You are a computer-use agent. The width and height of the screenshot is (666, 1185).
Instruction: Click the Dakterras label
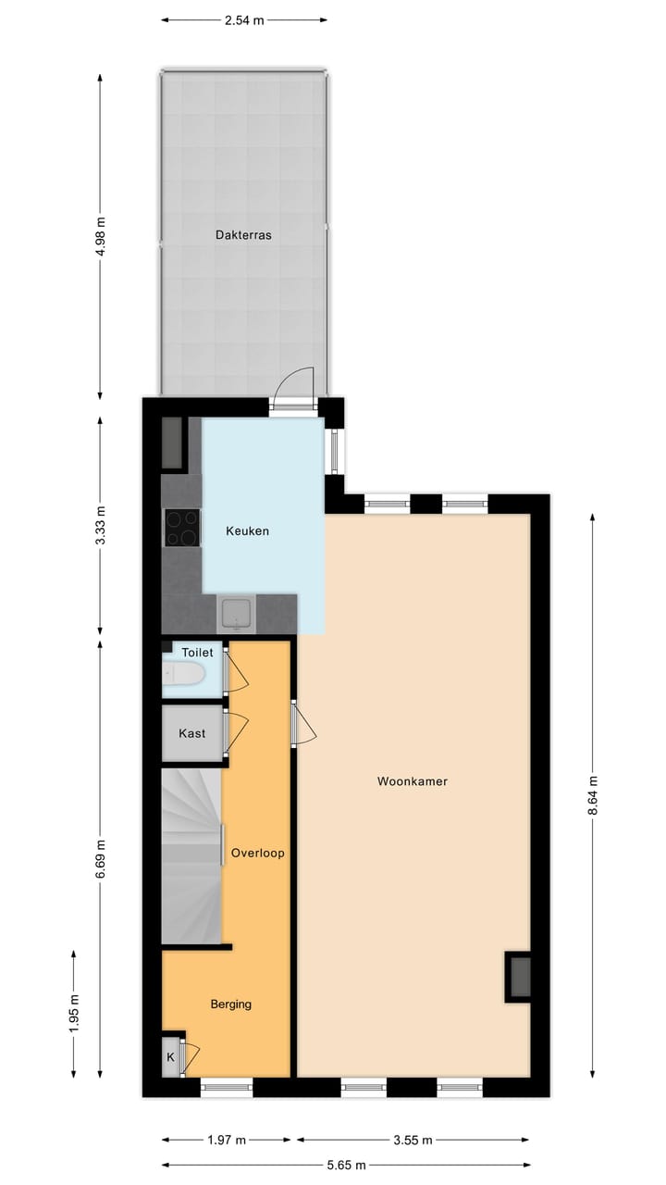click(243, 235)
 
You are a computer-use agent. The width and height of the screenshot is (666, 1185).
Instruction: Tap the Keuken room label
click(248, 531)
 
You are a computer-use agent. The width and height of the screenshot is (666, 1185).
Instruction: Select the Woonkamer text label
click(413, 781)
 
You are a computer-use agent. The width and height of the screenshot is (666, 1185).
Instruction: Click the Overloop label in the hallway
click(258, 854)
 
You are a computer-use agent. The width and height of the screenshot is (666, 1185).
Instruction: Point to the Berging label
click(230, 1004)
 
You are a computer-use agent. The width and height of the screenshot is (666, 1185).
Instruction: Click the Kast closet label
click(192, 733)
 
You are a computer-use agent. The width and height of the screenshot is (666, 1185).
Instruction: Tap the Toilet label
click(197, 653)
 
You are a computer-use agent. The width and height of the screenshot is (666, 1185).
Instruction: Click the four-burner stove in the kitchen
click(182, 528)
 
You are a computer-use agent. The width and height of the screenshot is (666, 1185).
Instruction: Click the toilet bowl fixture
click(183, 678)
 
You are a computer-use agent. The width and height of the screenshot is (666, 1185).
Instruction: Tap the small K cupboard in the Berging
click(171, 1057)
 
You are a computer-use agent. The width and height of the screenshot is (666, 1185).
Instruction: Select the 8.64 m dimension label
click(593, 795)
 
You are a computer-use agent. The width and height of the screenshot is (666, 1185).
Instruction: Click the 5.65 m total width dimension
click(346, 1165)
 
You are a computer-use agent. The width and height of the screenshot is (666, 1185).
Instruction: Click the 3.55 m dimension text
click(412, 1140)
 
